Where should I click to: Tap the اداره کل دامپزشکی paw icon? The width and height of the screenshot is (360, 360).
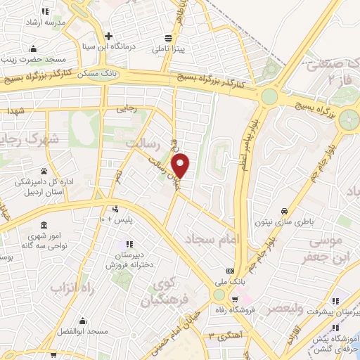point(44,171)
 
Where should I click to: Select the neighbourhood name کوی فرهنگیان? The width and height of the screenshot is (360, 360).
point(166,294)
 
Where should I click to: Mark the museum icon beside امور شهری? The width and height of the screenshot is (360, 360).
point(44,225)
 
